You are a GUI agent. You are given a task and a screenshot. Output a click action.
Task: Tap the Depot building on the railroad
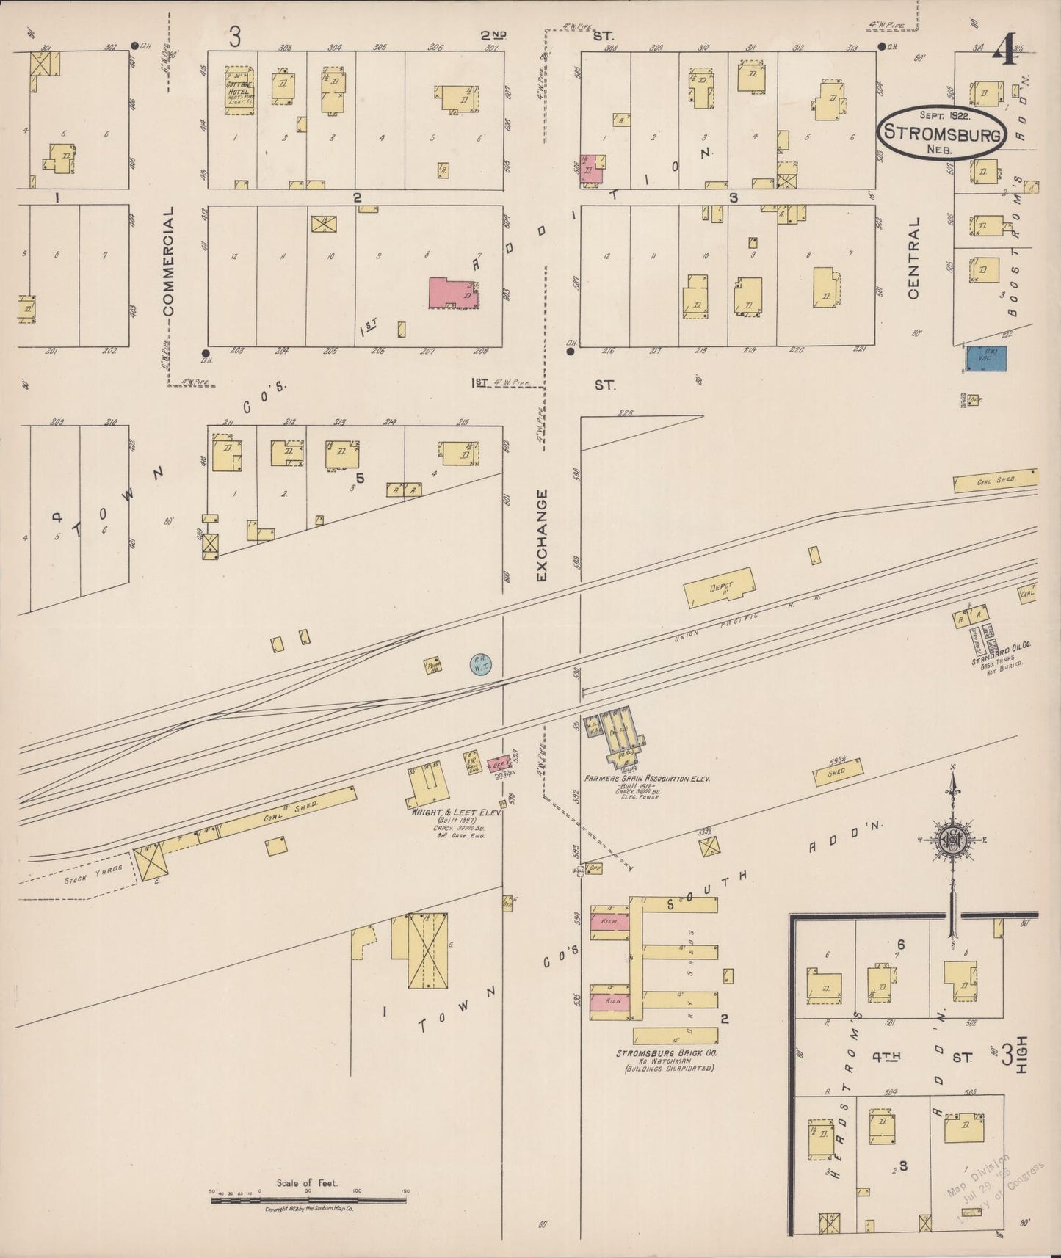pos(720,586)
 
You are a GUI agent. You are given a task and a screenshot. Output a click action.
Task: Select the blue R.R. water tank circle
pos(480,665)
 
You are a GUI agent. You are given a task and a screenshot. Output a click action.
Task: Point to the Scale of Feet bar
pos(308,1201)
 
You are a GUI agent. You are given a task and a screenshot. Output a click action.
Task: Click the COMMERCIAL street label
pos(169,261)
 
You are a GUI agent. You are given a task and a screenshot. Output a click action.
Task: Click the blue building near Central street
pos(986,358)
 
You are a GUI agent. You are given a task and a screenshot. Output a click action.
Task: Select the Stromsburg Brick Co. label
pos(667,1052)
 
